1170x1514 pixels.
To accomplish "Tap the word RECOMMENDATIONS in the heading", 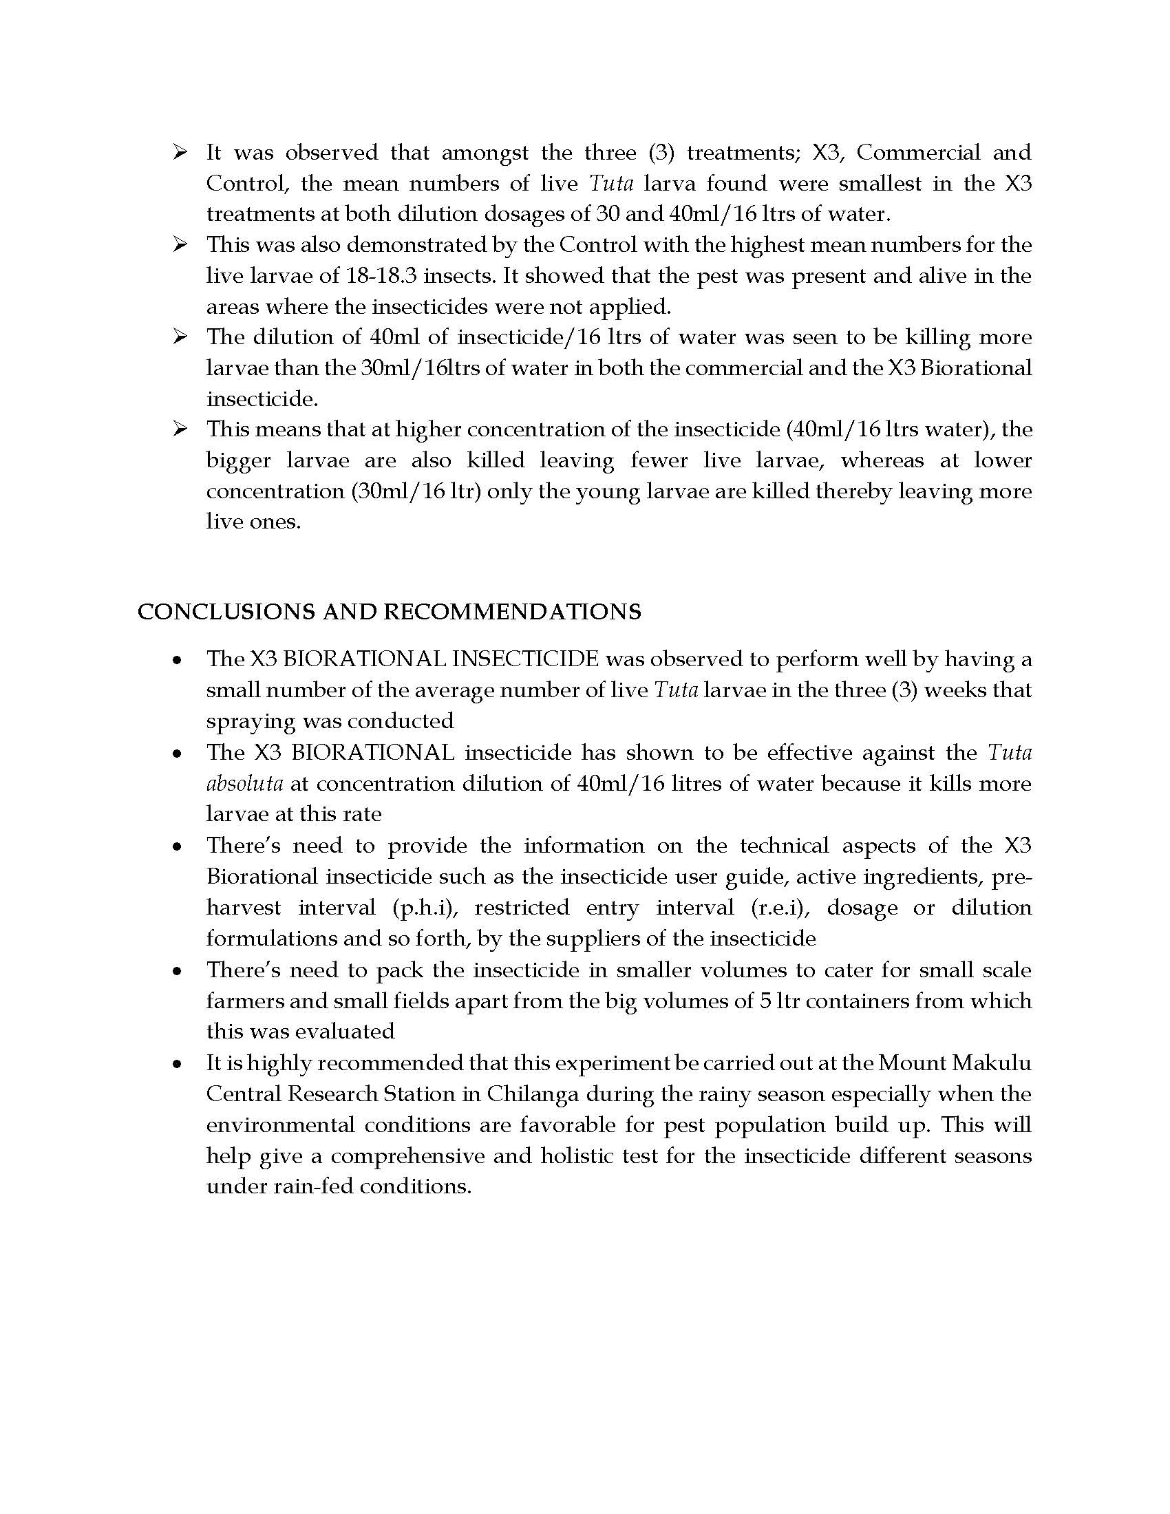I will (x=512, y=611).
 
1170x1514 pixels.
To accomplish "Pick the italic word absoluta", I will (x=244, y=783).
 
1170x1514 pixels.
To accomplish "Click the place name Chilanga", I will (x=533, y=1094).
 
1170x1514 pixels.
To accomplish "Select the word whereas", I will (x=882, y=460).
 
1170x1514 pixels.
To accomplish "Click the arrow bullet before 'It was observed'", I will (x=180, y=153).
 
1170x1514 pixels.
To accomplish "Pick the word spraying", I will (x=251, y=721).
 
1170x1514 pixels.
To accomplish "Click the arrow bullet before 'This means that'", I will (x=180, y=429).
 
